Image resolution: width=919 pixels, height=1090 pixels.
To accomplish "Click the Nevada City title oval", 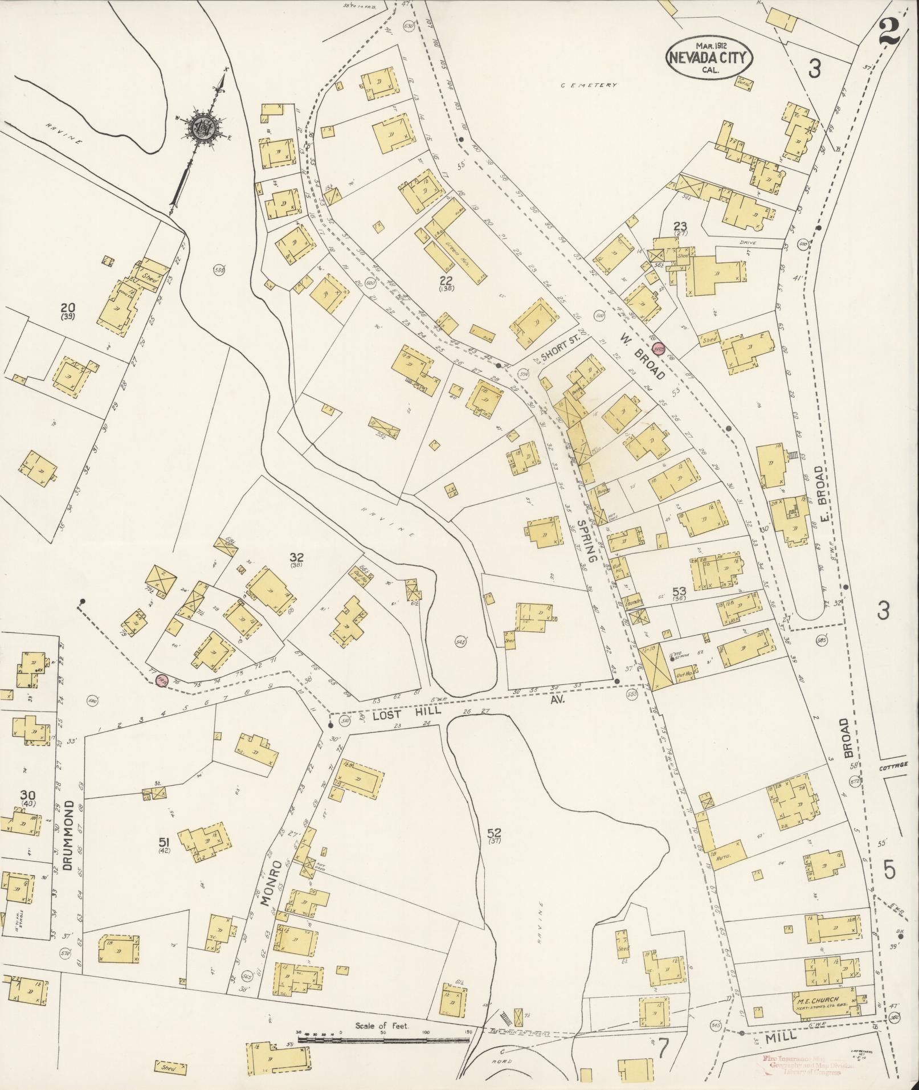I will click(x=709, y=57).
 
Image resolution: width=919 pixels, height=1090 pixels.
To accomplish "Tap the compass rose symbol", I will click(x=203, y=128).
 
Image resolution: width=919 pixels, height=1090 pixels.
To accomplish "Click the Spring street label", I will click(x=587, y=540).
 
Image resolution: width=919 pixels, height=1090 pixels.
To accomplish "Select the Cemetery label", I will click(x=589, y=85).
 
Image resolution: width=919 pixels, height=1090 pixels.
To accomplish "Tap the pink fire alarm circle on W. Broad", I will click(x=659, y=349).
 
